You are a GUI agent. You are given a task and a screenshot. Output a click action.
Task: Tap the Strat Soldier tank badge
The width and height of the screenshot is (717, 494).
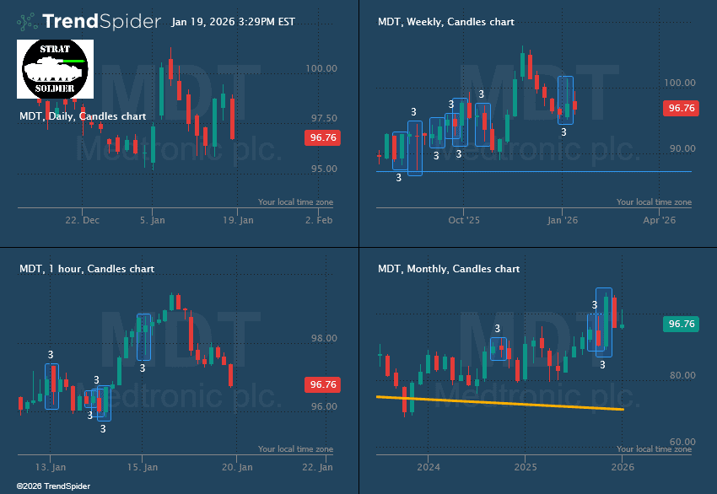[55, 68]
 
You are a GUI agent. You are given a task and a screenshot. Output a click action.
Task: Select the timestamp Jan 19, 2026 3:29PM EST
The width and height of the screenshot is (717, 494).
[233, 22]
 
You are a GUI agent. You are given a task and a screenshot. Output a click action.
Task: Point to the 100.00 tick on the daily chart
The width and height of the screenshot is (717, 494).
[323, 68]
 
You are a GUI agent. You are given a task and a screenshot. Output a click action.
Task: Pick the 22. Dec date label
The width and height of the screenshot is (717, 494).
[82, 220]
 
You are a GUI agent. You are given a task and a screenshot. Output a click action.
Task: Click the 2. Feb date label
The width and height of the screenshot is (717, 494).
[320, 220]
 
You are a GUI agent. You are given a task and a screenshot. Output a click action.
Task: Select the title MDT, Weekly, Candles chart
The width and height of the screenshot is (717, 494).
[446, 22]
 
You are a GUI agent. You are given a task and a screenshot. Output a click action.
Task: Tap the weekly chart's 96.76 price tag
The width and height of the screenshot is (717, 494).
[680, 108]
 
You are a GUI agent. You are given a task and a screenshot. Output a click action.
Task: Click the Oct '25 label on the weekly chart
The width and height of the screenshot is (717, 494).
[464, 220]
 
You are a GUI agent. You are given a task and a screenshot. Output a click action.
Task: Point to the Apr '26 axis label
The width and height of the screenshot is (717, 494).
[660, 220]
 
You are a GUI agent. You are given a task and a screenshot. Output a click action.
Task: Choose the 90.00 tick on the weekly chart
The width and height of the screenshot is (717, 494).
[681, 148]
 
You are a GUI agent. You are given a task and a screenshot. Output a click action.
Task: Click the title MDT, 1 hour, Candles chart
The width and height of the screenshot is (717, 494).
[87, 269]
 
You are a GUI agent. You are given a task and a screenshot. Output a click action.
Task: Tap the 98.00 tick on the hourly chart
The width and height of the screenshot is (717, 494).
[323, 338]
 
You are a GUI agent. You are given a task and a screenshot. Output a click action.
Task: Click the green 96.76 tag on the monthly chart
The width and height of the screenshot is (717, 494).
[680, 324]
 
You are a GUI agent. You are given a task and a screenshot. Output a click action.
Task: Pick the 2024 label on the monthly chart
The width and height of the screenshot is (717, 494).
[429, 467]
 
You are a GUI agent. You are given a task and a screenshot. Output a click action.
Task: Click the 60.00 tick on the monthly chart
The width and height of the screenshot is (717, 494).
[681, 442]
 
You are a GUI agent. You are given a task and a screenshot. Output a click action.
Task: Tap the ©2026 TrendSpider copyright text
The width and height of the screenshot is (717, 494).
[52, 486]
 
